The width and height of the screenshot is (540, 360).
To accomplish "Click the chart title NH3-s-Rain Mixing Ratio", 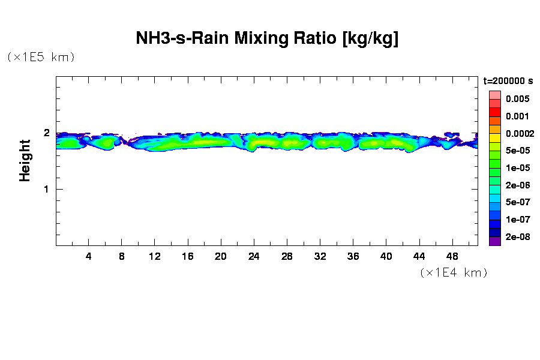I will (x=267, y=39).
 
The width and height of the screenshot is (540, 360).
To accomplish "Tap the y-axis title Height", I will (x=25, y=160).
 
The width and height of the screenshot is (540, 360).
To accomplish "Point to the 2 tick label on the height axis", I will (x=46, y=133).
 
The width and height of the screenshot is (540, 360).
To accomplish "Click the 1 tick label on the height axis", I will (x=46, y=190).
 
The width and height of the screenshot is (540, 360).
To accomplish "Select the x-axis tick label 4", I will (x=89, y=256).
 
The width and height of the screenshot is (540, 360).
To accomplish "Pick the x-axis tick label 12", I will (x=155, y=256).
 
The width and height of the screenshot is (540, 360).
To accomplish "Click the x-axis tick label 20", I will (x=221, y=256).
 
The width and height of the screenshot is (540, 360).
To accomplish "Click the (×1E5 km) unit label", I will (x=41, y=58).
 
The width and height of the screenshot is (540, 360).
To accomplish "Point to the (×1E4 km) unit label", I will (x=454, y=273).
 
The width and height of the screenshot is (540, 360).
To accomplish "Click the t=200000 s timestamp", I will (x=508, y=80).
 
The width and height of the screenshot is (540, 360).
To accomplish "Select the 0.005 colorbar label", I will (x=517, y=99).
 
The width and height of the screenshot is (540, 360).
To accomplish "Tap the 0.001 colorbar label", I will (x=517, y=116).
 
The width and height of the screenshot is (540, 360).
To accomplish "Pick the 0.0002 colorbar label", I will (x=519, y=133).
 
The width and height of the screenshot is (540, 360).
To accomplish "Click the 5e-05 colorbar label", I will (x=517, y=151).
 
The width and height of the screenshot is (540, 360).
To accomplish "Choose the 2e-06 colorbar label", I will (x=517, y=185).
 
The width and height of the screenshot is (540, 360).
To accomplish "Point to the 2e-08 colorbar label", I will (x=517, y=237).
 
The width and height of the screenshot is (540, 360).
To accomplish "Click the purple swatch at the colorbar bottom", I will (x=494, y=242).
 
